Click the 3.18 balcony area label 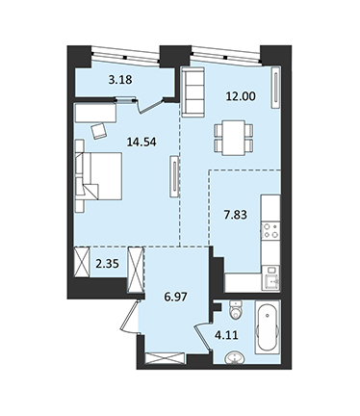[x=120, y=80]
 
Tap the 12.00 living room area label [x=241, y=95]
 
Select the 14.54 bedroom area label [x=141, y=142]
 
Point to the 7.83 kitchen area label [x=235, y=215]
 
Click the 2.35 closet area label [x=108, y=264]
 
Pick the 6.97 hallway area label [x=175, y=297]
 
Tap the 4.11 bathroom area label [x=226, y=335]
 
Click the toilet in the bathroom [x=236, y=309]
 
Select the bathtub [x=268, y=327]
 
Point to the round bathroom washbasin [x=235, y=357]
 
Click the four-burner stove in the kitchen [x=270, y=230]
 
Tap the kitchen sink [x=270, y=278]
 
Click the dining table [x=234, y=138]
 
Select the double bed [x=99, y=176]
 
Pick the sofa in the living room [x=193, y=91]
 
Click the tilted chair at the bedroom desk [x=99, y=131]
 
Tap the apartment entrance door [x=130, y=316]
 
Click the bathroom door [x=203, y=338]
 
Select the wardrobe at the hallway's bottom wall [x=165, y=358]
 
